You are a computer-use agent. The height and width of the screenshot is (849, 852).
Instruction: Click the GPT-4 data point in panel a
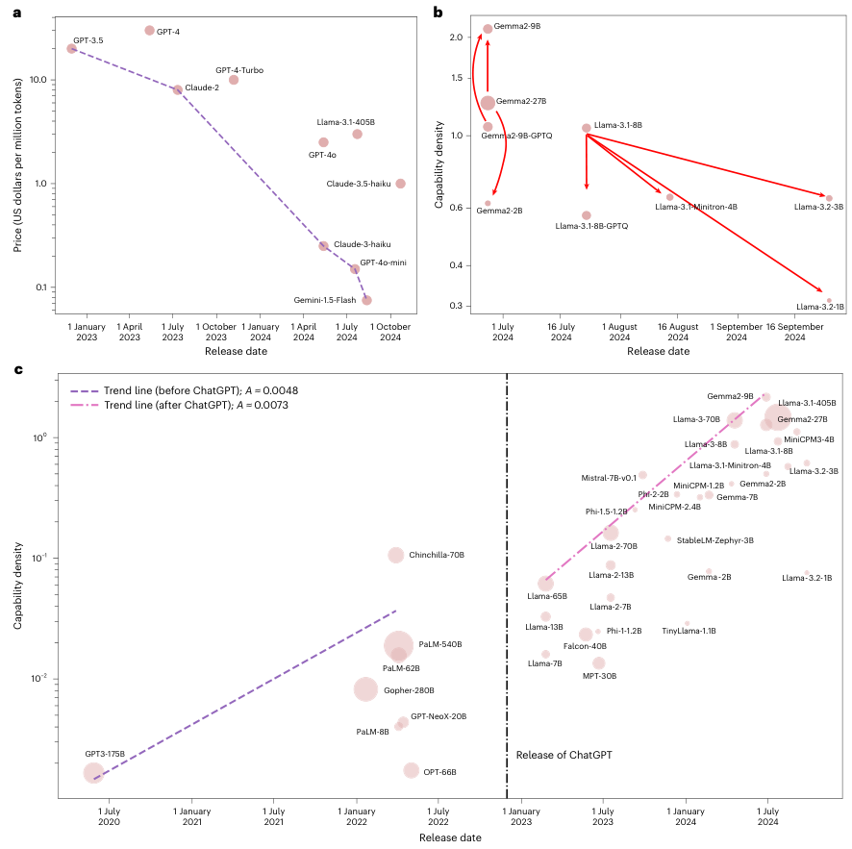pos(149,31)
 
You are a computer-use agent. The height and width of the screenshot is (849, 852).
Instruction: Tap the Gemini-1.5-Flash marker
pos(366,300)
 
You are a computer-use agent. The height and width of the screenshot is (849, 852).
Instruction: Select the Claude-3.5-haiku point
pos(400,184)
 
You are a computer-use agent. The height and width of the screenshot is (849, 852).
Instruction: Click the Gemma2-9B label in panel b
pos(518,27)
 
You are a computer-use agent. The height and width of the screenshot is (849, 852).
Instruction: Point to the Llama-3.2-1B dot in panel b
pos(829,301)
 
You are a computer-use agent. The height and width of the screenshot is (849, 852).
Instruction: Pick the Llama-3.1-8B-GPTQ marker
pos(587,215)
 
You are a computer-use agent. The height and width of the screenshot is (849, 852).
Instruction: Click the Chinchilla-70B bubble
pos(396,555)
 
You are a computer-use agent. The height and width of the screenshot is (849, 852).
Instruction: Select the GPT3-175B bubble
pos(93,772)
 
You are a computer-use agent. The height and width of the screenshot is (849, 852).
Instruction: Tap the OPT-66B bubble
pos(412,770)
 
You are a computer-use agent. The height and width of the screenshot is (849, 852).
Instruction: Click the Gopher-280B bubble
pos(365,689)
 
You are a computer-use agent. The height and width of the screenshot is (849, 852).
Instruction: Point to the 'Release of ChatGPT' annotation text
pos(564,755)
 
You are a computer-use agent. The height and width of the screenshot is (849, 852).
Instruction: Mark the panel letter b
pos(438,12)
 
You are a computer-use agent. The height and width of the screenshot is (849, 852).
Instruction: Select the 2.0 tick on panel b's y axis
pos(457,37)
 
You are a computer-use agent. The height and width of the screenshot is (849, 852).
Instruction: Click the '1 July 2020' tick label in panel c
pos(109,817)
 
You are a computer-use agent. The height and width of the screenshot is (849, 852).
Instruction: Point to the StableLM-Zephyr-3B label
pos(714,540)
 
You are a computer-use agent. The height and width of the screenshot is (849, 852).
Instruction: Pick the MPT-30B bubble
pos(599,662)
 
